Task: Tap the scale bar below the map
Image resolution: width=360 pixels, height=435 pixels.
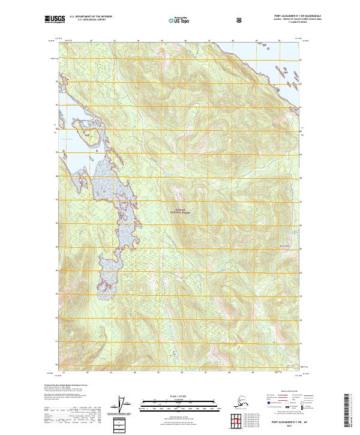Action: click(x=179, y=403)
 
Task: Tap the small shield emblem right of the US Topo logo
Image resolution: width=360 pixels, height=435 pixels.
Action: click(x=240, y=20)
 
